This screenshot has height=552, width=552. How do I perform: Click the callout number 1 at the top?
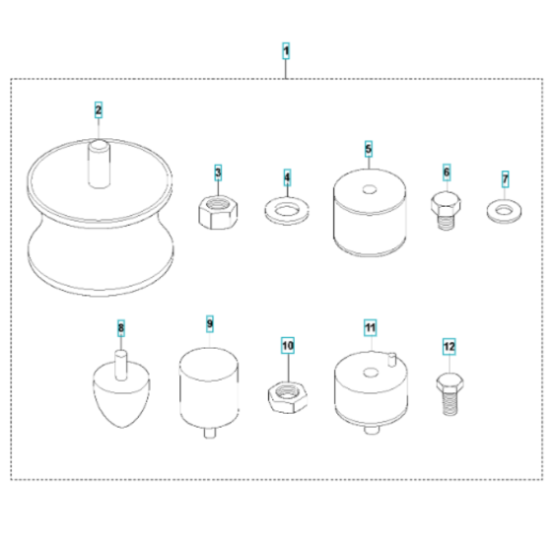coord(286,49)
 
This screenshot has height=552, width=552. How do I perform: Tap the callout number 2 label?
coord(99,109)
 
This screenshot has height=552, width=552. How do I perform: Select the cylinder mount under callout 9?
coord(209,384)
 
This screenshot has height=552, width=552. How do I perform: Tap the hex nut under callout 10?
coord(287,395)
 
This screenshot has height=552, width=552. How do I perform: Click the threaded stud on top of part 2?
coord(99,163)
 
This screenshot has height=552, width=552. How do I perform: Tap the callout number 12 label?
coord(448,346)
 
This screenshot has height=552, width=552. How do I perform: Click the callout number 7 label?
coord(505,178)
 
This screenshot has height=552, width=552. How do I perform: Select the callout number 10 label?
coord(287,346)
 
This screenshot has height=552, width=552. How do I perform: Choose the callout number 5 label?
coord(368,150)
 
